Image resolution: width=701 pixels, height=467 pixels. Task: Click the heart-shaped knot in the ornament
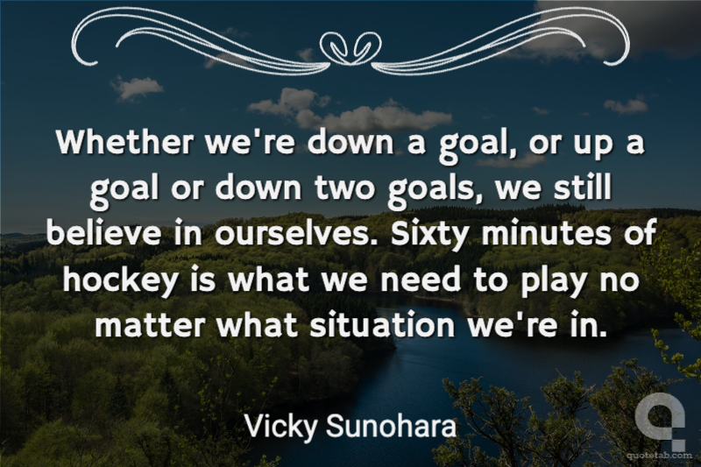(351, 47)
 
